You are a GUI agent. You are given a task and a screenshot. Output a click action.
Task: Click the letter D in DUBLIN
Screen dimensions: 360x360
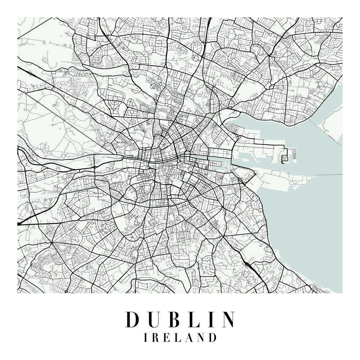[x=133, y=319]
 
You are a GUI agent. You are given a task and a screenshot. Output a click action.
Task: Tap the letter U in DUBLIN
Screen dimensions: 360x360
[x=156, y=319]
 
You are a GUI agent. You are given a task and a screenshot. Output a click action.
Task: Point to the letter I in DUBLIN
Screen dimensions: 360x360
[x=213, y=319]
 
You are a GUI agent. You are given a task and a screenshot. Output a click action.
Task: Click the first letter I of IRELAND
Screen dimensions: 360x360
[x=145, y=338]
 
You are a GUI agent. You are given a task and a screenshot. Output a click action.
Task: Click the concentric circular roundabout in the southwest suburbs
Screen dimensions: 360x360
[x=108, y=227]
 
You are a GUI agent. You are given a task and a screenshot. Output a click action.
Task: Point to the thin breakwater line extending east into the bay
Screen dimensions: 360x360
[x=324, y=175]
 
